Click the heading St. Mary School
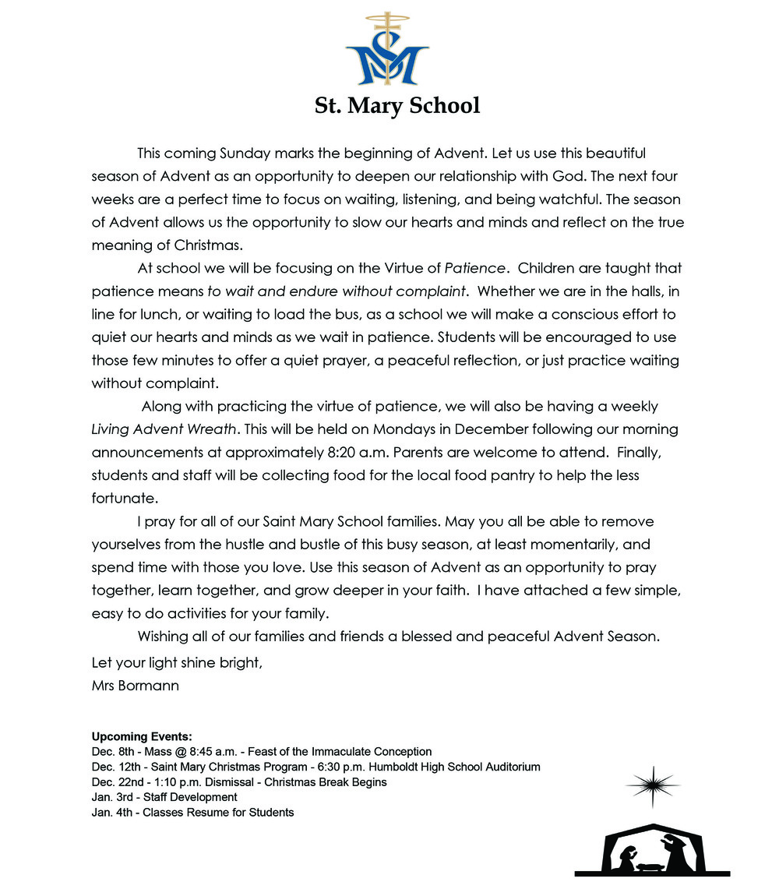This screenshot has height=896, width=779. (x=397, y=105)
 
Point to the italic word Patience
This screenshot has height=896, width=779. (x=475, y=269)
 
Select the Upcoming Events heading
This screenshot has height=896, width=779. (x=142, y=737)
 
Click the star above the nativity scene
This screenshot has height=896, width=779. (x=651, y=786)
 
